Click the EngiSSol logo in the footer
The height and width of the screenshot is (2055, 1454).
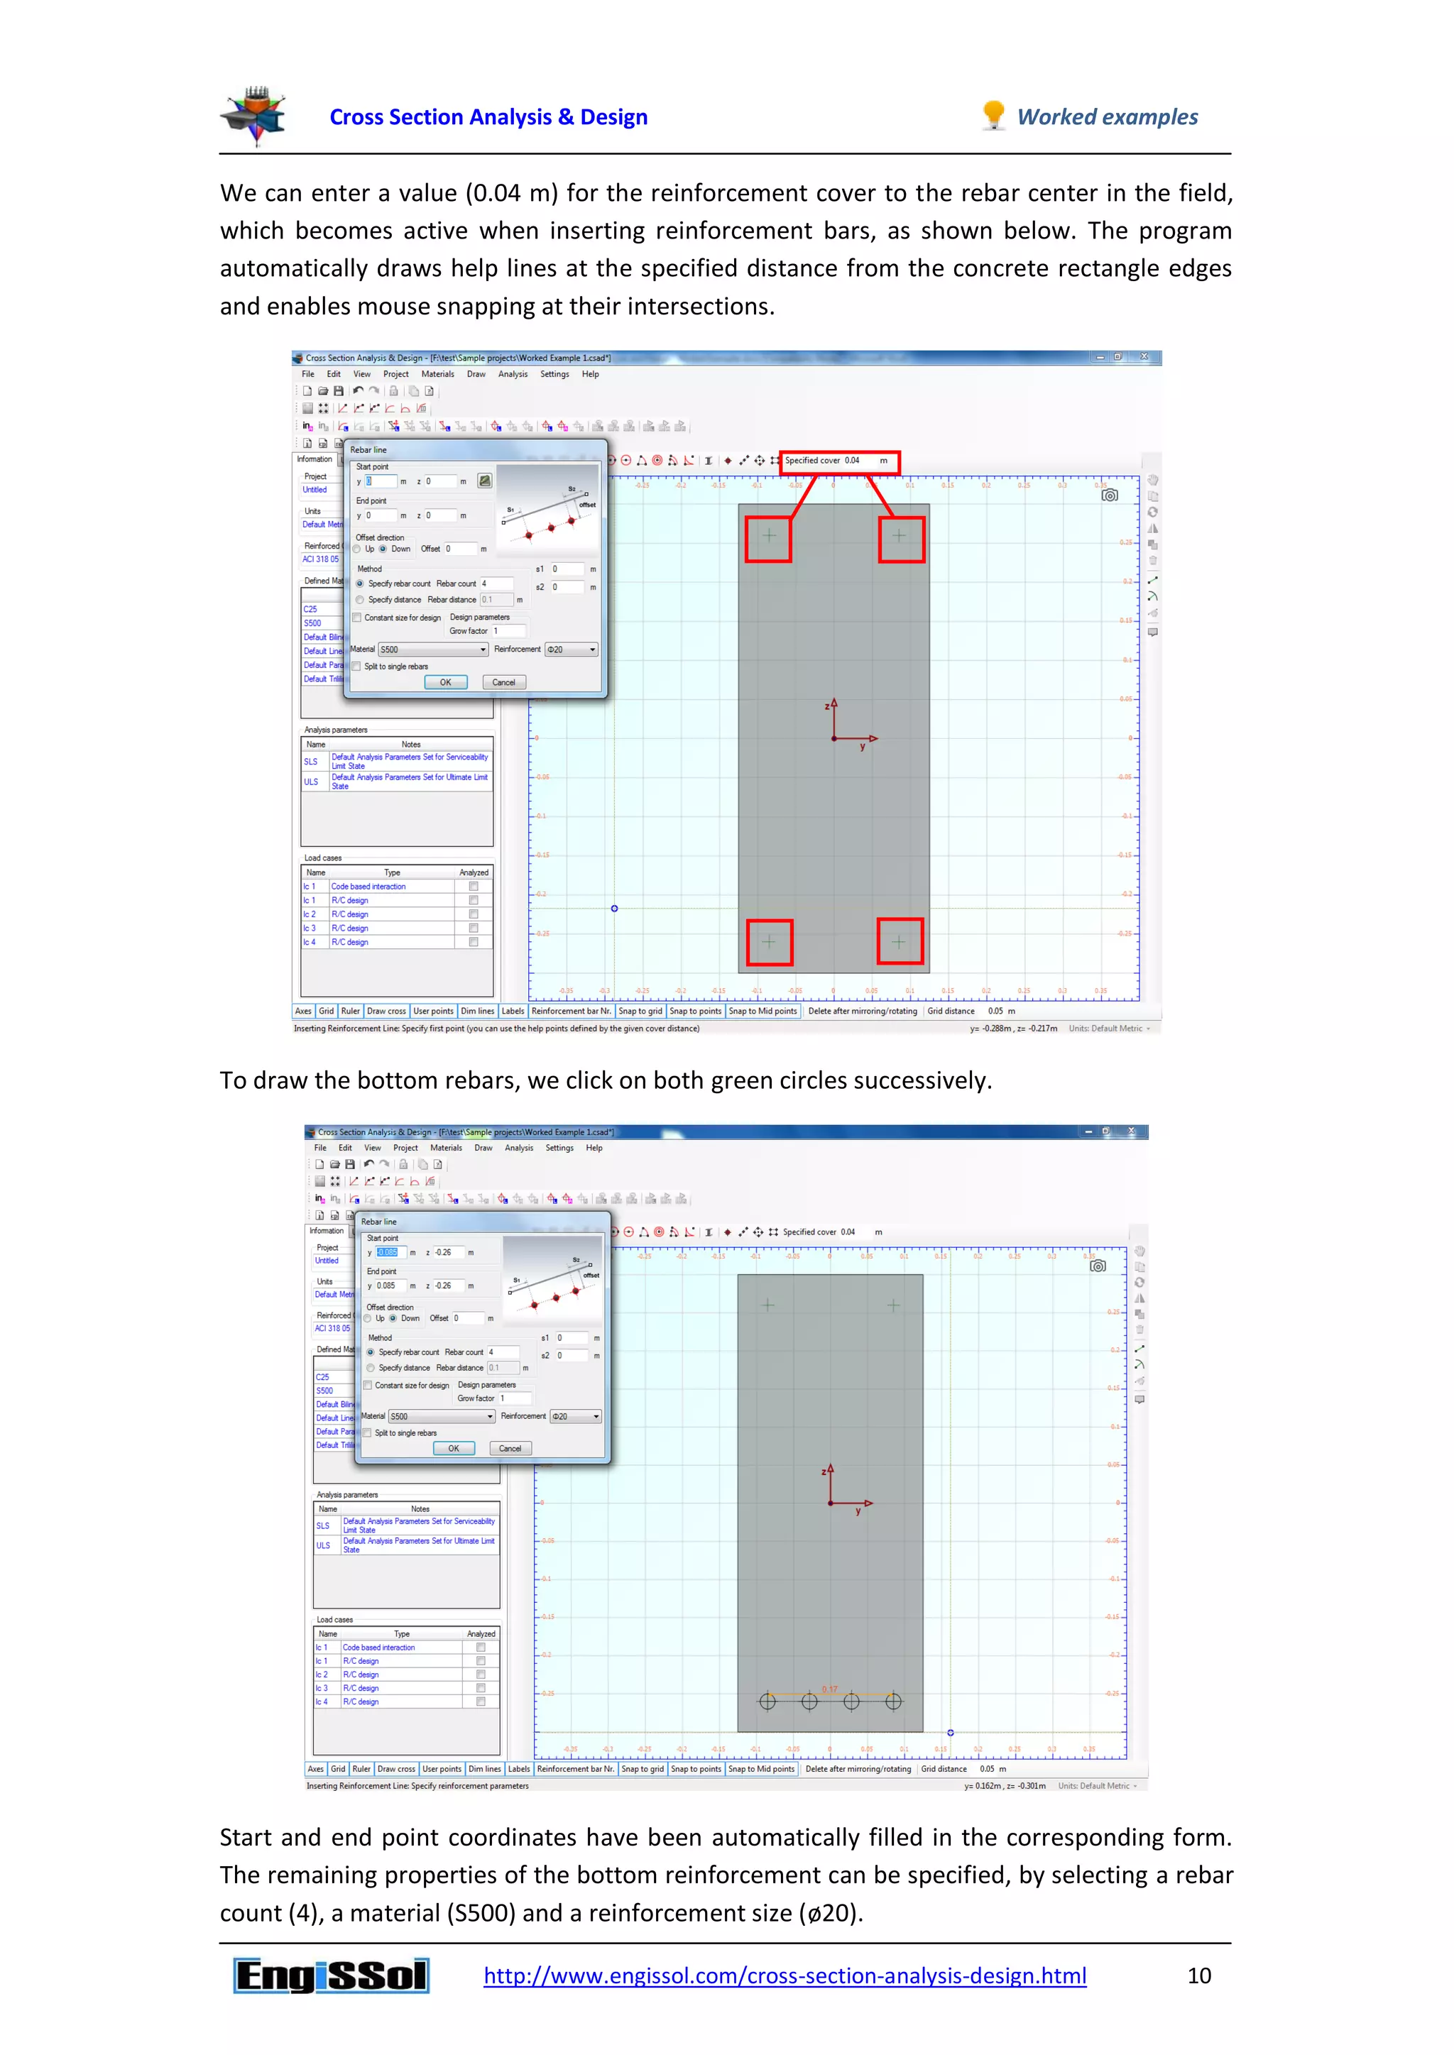[x=332, y=1975]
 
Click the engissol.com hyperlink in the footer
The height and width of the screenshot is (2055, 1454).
[x=785, y=1975]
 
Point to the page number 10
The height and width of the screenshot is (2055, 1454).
[x=1199, y=1975]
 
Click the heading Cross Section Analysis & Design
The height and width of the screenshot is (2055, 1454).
[x=488, y=117]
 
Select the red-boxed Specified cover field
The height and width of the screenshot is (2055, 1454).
[x=839, y=461]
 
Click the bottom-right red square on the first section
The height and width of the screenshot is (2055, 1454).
[x=900, y=941]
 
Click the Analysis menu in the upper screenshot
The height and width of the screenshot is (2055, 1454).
[x=513, y=374]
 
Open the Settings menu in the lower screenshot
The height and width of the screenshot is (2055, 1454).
[x=559, y=1147]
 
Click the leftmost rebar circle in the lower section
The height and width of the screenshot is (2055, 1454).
[x=767, y=1701]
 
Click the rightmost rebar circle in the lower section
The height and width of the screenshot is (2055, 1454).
[x=894, y=1701]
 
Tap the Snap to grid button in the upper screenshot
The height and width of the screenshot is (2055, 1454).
[x=640, y=1012]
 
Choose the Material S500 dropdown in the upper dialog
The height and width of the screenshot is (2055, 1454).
[x=433, y=650]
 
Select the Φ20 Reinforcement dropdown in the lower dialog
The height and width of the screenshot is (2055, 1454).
[x=575, y=1416]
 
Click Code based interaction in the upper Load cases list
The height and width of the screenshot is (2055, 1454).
[x=368, y=886]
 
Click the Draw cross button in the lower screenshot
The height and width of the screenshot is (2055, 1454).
[x=395, y=1769]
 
